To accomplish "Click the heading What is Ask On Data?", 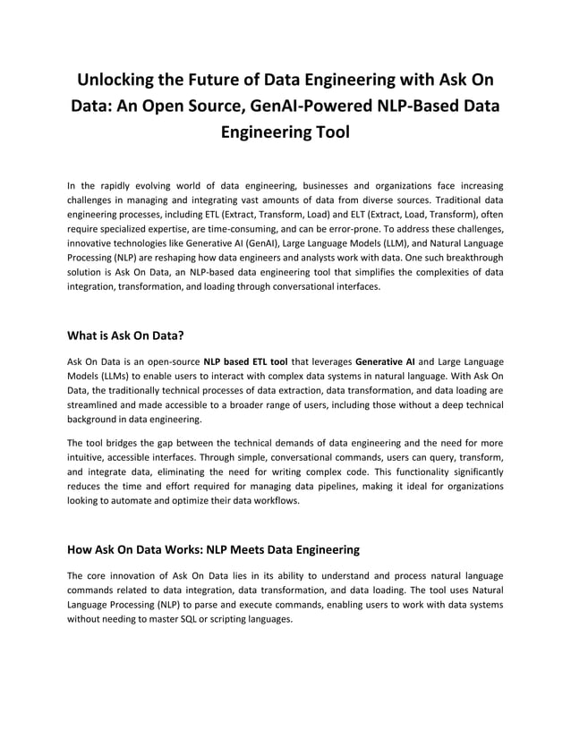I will (x=126, y=336).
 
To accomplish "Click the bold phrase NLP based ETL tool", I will (x=245, y=361).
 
